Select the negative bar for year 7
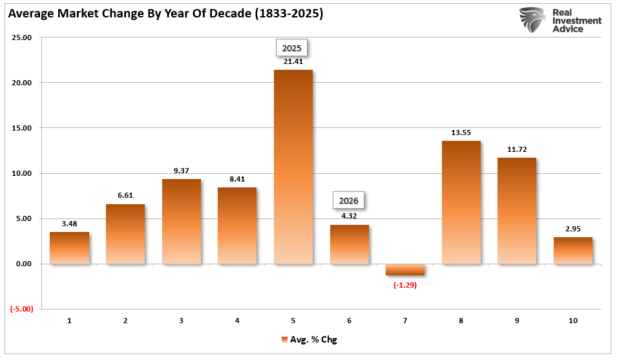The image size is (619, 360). pos(405,270)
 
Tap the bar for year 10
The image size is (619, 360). pos(572,251)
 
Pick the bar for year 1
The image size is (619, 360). pos(69,248)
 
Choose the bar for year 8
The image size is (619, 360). pos(461,202)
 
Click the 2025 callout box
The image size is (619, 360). pos(293,48)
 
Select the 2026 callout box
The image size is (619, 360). pos(349,200)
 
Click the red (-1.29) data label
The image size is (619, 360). pos(405,284)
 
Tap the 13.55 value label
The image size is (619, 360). pos(461,133)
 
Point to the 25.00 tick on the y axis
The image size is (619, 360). pos(21,37)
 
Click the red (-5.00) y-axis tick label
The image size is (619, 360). pos(21,309)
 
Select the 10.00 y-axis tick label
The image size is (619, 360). pos(21,173)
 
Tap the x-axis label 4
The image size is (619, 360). pos(237,321)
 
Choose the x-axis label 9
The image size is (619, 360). pos(517,321)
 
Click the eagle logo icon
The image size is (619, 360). pos(532,20)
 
